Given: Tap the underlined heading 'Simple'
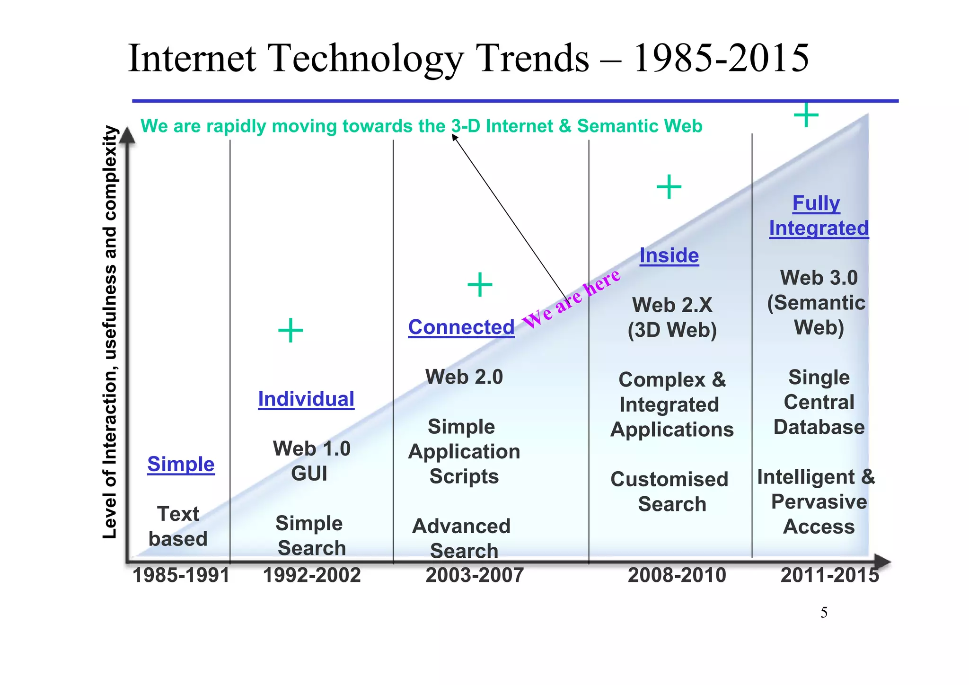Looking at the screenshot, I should tap(181, 464).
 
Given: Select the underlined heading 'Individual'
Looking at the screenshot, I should tap(306, 399).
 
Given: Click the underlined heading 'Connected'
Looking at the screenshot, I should tap(461, 327).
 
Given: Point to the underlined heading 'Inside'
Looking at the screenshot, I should tap(669, 256).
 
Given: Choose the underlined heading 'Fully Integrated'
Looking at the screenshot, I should tap(819, 216).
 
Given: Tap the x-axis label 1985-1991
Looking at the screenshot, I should tap(181, 576).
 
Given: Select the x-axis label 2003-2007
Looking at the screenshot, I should tap(475, 576).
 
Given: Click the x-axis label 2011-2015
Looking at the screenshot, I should tap(829, 576).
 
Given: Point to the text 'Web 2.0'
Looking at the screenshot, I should tap(464, 377).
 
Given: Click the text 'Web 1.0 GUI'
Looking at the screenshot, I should tap(311, 461).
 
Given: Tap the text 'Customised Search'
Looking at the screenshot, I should tap(670, 492).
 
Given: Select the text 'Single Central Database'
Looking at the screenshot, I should tap(819, 402).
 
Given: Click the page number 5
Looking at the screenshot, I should tap(824, 613).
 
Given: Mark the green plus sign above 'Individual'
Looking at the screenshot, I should tap(291, 330).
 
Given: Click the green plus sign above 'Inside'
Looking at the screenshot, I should tap(669, 187).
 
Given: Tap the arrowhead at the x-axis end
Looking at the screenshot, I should tap(882, 562).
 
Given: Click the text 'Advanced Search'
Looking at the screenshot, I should tap(462, 538).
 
